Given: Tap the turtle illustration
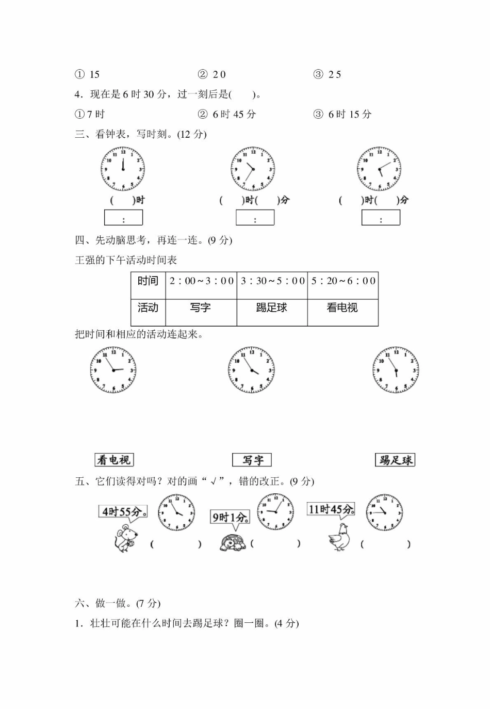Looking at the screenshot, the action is point(233,543).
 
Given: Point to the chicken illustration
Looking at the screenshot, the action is point(339,538).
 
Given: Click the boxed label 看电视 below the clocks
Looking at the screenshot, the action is point(114,460).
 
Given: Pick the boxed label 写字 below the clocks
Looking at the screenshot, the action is point(252,460).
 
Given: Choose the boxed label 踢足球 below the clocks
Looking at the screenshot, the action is point(395,460).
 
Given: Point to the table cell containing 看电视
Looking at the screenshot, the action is point(343,312).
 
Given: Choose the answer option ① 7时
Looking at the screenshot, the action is point(90,114).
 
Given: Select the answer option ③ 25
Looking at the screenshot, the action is point(327,75).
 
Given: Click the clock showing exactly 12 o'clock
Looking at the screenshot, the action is point(123,169).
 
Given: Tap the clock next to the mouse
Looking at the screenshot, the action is point(176,512).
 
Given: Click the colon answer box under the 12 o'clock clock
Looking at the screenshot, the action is point(123,217).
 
